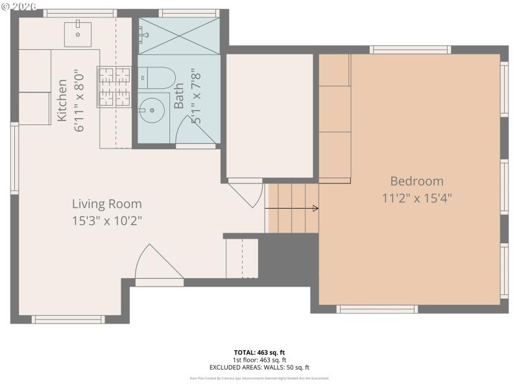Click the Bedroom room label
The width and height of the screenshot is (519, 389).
click(416, 181)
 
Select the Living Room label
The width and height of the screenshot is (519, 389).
click(106, 204)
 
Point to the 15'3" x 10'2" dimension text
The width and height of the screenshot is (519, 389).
click(106, 220)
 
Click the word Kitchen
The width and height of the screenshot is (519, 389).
click(62, 100)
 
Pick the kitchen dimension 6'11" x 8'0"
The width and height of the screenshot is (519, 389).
click(80, 100)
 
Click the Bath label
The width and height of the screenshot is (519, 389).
click(179, 97)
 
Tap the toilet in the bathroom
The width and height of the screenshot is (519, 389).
click(156, 78)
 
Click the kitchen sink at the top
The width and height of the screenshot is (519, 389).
click(78, 33)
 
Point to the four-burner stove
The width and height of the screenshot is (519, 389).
click(114, 86)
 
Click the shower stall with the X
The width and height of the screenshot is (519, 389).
click(179, 36)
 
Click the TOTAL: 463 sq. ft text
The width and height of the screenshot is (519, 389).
click(259, 353)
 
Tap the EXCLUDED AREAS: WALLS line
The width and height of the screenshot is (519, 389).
click(259, 368)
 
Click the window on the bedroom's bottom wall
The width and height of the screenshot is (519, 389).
click(377, 309)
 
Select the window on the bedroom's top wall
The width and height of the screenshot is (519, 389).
click(410, 49)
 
